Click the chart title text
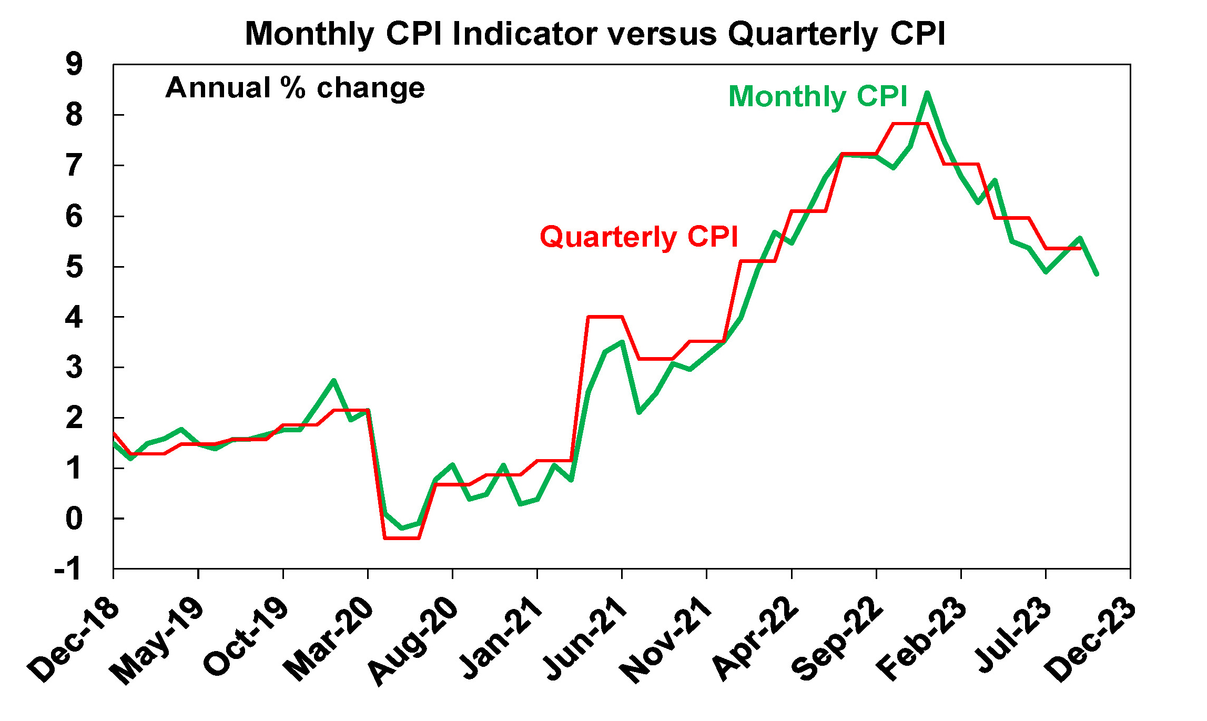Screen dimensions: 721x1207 point(595,34)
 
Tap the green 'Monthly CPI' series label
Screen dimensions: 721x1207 point(818,97)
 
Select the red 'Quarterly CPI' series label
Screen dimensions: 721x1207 point(638,237)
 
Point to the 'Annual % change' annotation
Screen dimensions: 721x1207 point(295,88)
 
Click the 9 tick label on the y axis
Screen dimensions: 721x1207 point(74,65)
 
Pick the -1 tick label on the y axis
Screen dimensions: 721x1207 point(69,569)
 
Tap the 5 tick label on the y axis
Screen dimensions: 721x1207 point(74,267)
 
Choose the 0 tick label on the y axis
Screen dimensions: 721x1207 point(74,519)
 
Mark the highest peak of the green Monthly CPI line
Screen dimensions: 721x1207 point(927,94)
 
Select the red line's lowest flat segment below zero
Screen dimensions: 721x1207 point(402,538)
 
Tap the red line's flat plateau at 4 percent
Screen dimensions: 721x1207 point(605,317)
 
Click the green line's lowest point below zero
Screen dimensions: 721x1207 point(402,528)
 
